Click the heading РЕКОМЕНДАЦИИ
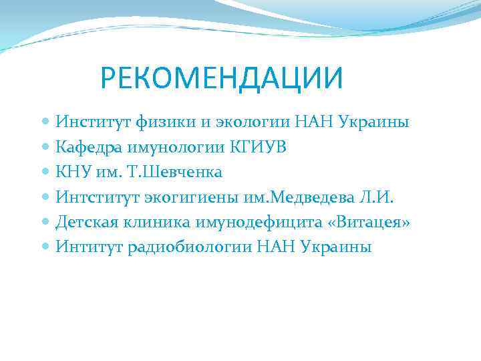pyautogui.click(x=221, y=78)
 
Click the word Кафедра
pyautogui.click(x=90, y=147)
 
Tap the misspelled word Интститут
pyautogui.click(x=97, y=197)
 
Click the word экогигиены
pyautogui.click(x=187, y=197)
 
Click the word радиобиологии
pyautogui.click(x=198, y=246)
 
